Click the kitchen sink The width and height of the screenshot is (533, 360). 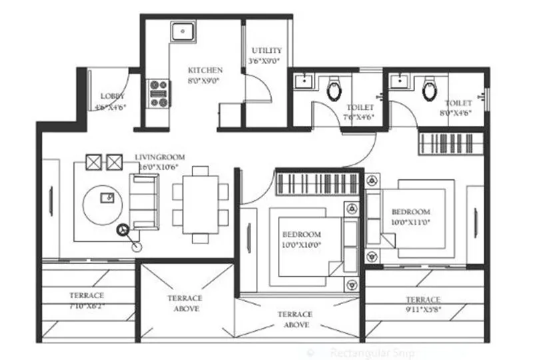(x=181, y=31)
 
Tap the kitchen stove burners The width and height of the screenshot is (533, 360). (x=158, y=93)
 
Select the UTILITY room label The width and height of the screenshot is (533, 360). (x=266, y=51)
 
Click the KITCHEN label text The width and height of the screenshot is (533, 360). (x=205, y=71)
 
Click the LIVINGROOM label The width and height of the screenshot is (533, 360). (x=161, y=157)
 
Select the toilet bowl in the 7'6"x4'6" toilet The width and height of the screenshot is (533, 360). (x=334, y=89)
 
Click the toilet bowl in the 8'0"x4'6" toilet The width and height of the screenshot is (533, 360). (x=430, y=89)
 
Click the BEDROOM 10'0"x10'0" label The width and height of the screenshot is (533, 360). (x=302, y=235)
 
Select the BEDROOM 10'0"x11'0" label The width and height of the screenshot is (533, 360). (x=410, y=211)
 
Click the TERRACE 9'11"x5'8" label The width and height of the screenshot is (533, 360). (x=422, y=299)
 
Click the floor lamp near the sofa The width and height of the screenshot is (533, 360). (x=123, y=231)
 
